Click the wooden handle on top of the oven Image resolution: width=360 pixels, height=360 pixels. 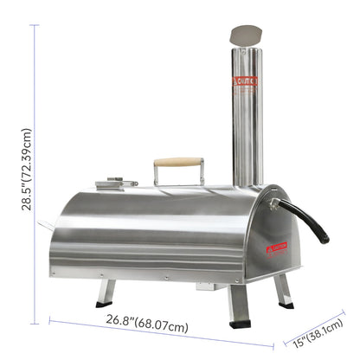coord(178,162)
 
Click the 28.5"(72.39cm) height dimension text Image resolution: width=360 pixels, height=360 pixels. coord(27,170)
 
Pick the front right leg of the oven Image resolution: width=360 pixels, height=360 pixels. coord(239,305)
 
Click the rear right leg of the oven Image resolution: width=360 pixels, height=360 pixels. coord(282,291)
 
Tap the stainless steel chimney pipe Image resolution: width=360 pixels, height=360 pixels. coord(247,121)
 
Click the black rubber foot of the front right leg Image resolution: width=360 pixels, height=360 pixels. coord(241,325)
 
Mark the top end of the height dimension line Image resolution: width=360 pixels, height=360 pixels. coord(35,24)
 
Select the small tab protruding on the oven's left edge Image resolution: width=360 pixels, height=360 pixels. coord(46,227)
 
